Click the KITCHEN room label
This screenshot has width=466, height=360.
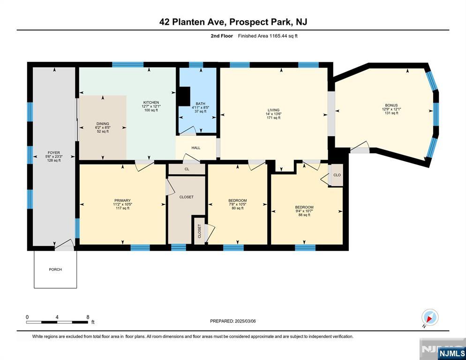[151, 103]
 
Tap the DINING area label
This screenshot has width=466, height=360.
[103, 124]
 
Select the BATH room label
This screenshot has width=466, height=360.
[200, 104]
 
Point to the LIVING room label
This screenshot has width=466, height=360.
[273, 110]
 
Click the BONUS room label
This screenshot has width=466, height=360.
[391, 105]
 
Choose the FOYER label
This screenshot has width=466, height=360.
[54, 153]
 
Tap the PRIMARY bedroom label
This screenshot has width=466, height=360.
[122, 201]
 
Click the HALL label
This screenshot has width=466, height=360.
[196, 148]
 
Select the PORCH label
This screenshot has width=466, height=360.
[55, 270]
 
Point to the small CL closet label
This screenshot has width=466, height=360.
[187, 169]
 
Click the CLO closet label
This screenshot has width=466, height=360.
[337, 175]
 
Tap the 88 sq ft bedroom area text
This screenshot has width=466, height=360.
[304, 215]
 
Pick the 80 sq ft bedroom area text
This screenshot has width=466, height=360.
[238, 209]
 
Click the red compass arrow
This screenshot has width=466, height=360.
[429, 319]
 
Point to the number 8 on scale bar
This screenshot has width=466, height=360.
[88, 317]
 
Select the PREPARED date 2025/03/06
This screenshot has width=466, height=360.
[245, 321]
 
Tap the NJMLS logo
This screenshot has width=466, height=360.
[452, 353]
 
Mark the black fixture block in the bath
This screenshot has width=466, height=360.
[185, 96]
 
